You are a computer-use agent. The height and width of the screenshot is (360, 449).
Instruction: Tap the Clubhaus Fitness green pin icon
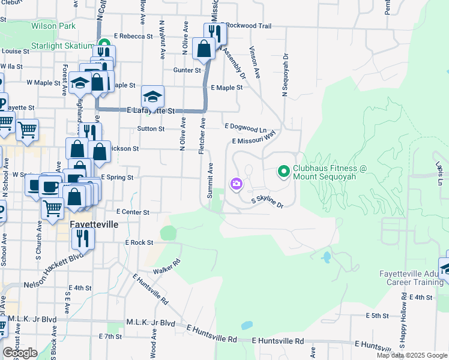[283, 172]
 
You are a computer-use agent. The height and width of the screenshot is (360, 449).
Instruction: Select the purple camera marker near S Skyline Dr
[236, 184]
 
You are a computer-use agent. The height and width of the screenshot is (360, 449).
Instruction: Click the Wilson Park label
[53, 26]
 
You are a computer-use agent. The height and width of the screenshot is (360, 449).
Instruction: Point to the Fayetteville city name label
[94, 224]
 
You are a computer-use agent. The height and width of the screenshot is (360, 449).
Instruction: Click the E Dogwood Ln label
[245, 127]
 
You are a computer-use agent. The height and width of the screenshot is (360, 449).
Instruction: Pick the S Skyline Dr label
[267, 201]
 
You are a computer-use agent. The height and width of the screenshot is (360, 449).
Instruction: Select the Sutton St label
[151, 128]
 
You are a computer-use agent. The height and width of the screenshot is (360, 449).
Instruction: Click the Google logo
[20, 353]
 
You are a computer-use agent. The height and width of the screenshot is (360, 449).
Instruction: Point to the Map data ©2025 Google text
[411, 355]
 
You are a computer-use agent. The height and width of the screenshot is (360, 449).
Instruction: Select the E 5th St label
[377, 315]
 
